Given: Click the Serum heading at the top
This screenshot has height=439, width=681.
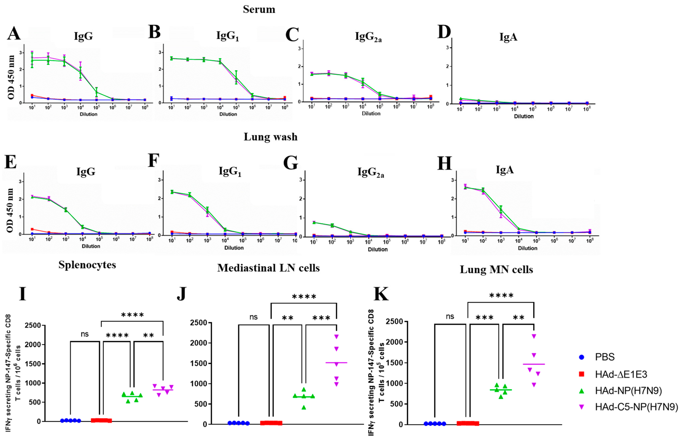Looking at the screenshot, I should [259, 9].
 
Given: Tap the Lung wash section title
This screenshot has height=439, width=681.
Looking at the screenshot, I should [270, 137].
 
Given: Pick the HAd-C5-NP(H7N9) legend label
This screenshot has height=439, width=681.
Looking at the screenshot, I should [636, 407].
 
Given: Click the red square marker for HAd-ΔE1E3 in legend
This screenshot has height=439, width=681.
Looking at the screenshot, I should [582, 374].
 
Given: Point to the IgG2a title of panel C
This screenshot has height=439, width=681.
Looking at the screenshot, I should [368, 37].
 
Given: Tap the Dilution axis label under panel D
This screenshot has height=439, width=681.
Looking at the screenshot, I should [523, 116].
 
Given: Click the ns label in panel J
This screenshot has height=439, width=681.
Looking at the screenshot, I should [253, 317].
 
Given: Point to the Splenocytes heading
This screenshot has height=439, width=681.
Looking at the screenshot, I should [87, 265].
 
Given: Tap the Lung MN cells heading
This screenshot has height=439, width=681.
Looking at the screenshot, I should [496, 270].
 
